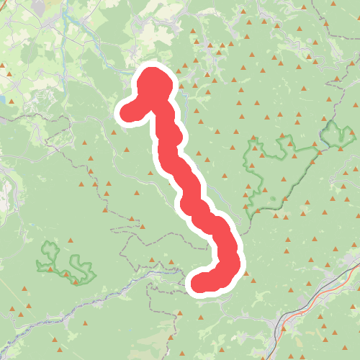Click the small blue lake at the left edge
tap(2, 99)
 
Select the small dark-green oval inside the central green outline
tap(272, 199)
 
